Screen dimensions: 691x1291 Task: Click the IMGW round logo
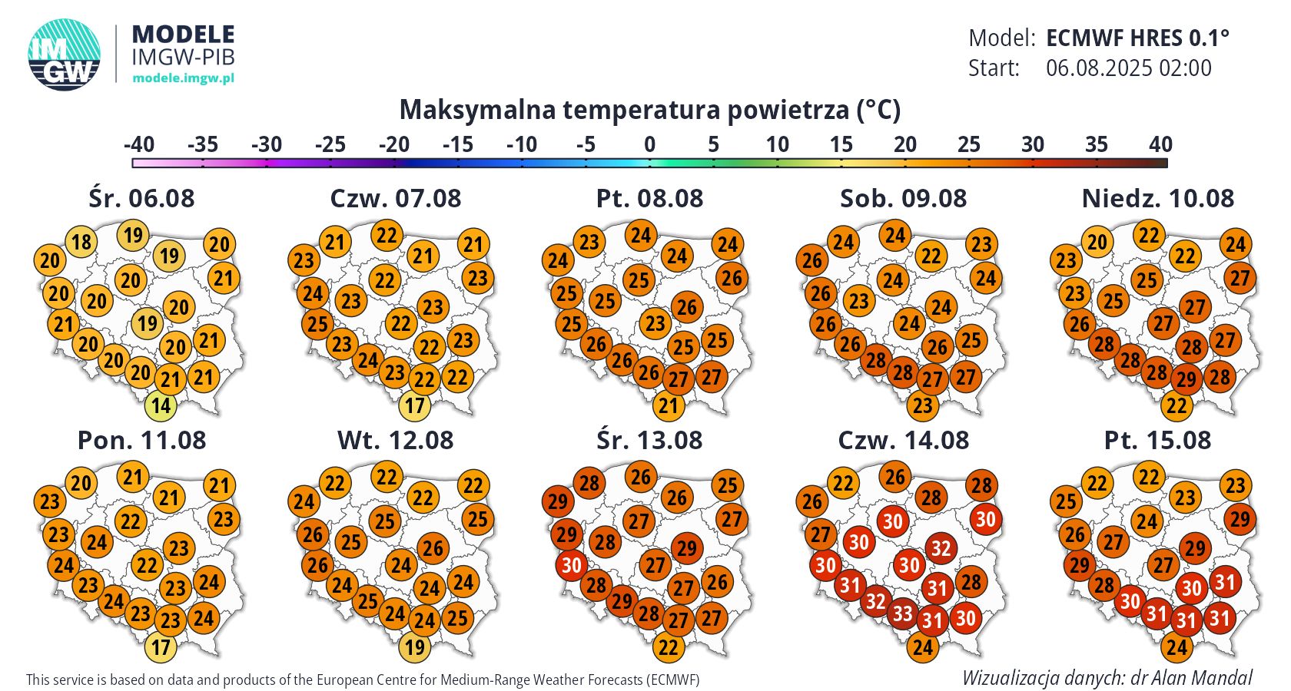click(65, 55)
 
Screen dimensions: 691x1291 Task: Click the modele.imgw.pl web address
click(183, 78)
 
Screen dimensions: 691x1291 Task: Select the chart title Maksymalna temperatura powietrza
click(649, 110)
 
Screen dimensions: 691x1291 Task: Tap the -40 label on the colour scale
click(138, 144)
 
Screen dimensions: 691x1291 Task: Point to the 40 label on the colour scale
click(1160, 144)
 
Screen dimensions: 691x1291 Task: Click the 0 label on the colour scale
click(649, 144)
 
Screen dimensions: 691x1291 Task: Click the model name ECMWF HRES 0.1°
click(1137, 38)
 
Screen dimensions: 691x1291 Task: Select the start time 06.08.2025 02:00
click(1128, 68)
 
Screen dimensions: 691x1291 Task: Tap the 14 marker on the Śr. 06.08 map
click(161, 405)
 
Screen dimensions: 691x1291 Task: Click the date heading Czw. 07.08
click(395, 198)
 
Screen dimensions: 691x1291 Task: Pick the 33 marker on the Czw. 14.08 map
click(902, 613)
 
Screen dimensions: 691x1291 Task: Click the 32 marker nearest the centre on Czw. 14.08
click(941, 548)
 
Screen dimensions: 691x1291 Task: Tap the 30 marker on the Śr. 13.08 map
click(571, 566)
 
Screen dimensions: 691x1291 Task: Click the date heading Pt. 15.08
click(1157, 440)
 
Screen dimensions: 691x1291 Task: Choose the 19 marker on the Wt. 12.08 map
click(415, 647)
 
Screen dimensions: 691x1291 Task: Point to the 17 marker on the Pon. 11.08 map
click(161, 647)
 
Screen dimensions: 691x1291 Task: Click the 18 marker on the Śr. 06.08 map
click(81, 242)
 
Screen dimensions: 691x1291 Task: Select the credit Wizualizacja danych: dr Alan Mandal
click(1107, 678)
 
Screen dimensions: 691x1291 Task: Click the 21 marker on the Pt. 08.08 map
click(669, 405)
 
